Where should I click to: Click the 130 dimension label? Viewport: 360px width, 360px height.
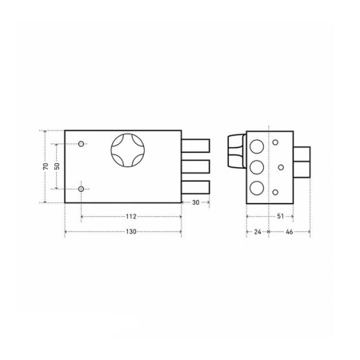click(x=131, y=232)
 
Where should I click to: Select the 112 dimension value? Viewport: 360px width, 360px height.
click(x=131, y=217)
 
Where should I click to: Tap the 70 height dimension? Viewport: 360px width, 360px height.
click(x=46, y=166)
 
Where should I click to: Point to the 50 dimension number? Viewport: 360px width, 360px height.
click(x=57, y=166)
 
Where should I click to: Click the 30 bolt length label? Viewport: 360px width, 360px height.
click(x=196, y=202)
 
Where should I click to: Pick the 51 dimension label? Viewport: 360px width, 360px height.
click(x=281, y=216)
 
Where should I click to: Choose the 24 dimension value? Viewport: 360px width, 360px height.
click(x=258, y=232)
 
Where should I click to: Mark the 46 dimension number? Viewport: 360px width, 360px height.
click(x=290, y=232)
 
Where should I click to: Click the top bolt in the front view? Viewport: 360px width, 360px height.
click(x=195, y=146)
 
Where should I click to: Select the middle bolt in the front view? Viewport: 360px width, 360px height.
click(x=195, y=166)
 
